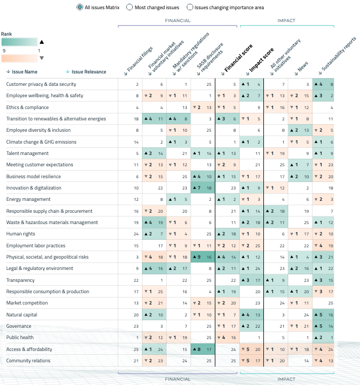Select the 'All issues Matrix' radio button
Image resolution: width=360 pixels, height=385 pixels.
[x=80, y=7]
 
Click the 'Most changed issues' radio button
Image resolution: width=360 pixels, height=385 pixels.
[x=130, y=7]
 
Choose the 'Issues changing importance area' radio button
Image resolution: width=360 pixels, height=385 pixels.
[x=190, y=7]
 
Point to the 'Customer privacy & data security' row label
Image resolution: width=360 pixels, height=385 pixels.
[x=41, y=84]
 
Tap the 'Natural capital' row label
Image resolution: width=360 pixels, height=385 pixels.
[x=22, y=315]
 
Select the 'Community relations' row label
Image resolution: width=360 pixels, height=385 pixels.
[x=28, y=361]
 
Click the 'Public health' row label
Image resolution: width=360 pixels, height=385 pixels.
[x=21, y=337]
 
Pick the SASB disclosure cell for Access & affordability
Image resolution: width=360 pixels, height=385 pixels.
[x=202, y=349]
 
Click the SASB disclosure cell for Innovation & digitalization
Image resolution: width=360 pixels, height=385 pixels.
[x=202, y=188]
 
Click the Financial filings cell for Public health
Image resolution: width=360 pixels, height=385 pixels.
[x=130, y=337]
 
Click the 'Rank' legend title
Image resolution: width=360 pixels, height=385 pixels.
[x=6, y=33]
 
